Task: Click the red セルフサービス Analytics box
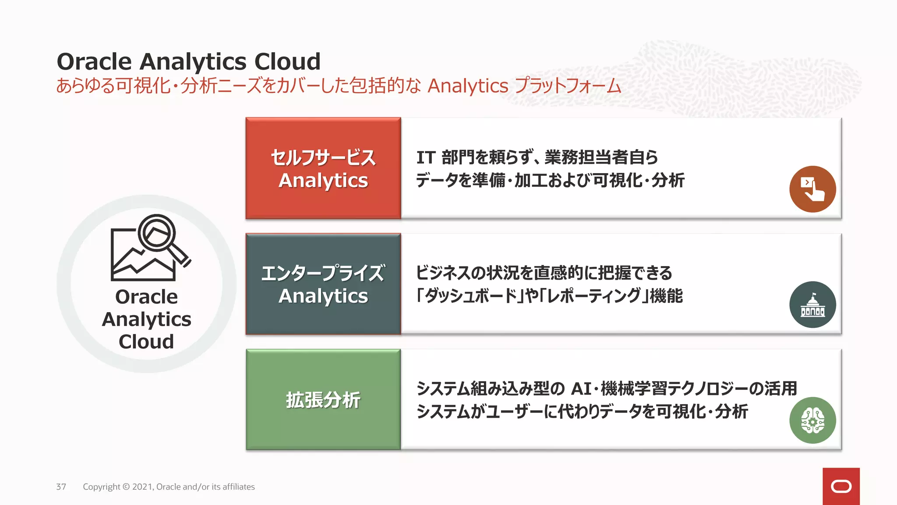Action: (x=323, y=168)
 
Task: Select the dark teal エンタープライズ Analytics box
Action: (x=323, y=284)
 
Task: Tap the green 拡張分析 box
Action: (x=323, y=399)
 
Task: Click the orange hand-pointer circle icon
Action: (x=812, y=189)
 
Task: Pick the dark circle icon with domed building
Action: (x=812, y=305)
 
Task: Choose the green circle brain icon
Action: (x=812, y=420)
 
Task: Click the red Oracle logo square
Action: (x=841, y=486)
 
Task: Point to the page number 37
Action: (x=61, y=487)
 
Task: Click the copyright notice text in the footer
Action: (x=169, y=487)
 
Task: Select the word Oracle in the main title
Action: (x=94, y=61)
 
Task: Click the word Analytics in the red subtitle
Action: (x=468, y=86)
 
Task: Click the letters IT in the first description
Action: (x=425, y=157)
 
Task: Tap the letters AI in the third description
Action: (x=582, y=388)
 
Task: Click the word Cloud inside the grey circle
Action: (x=146, y=341)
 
